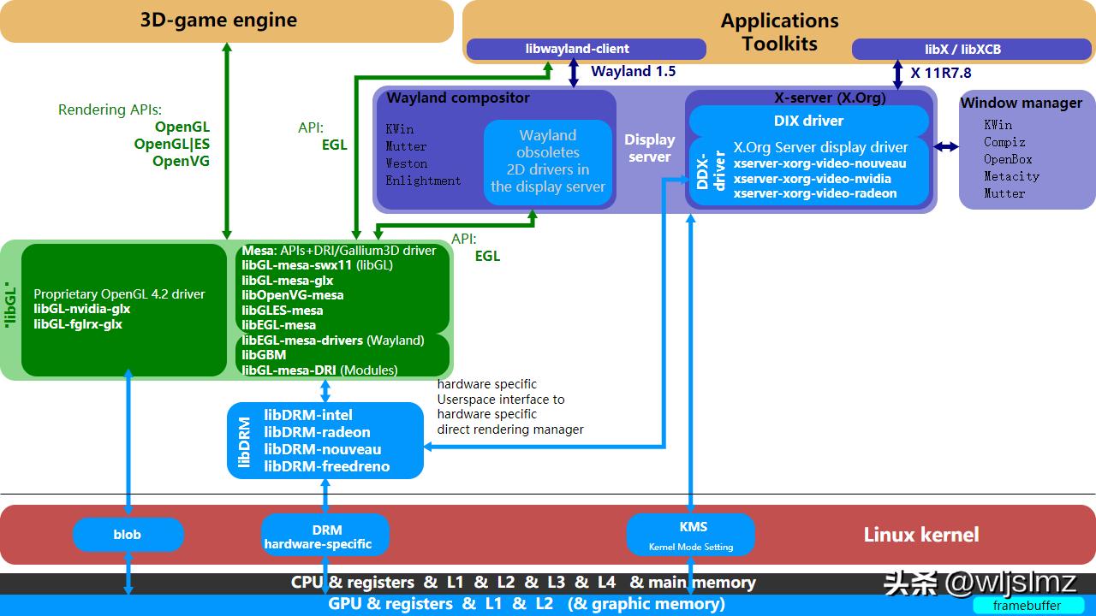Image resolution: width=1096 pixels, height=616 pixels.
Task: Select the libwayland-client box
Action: tap(577, 50)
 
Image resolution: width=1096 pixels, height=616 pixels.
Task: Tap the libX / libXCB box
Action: tap(962, 50)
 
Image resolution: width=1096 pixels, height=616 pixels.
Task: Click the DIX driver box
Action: tap(808, 121)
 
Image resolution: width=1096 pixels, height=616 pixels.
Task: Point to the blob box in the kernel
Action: tap(128, 535)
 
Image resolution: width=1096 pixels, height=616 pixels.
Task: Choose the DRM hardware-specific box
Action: tap(325, 536)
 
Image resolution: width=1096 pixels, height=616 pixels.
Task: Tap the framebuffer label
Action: tap(1027, 606)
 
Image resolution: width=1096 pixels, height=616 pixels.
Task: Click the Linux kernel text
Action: tap(920, 535)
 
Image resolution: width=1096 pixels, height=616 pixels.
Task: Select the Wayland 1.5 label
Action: tap(633, 72)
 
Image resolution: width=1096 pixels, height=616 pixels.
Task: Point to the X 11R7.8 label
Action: tap(940, 73)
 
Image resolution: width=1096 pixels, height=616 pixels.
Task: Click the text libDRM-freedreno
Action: tap(326, 466)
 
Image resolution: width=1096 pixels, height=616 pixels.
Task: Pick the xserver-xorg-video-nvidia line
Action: tap(812, 179)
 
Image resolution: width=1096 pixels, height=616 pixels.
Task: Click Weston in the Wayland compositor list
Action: tap(407, 163)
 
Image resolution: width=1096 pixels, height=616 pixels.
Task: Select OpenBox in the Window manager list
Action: tap(1008, 159)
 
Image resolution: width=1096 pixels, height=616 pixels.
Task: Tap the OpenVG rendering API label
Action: tap(181, 161)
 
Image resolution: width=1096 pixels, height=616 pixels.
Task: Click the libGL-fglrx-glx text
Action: tap(78, 324)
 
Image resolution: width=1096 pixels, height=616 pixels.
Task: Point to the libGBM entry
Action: tap(264, 355)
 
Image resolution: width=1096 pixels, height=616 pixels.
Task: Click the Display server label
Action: tap(650, 147)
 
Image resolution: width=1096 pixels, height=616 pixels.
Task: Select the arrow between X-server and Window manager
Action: tap(945, 147)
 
